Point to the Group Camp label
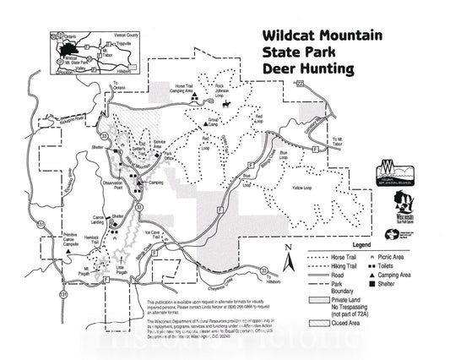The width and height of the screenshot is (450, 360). pyautogui.click(x=214, y=123)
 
